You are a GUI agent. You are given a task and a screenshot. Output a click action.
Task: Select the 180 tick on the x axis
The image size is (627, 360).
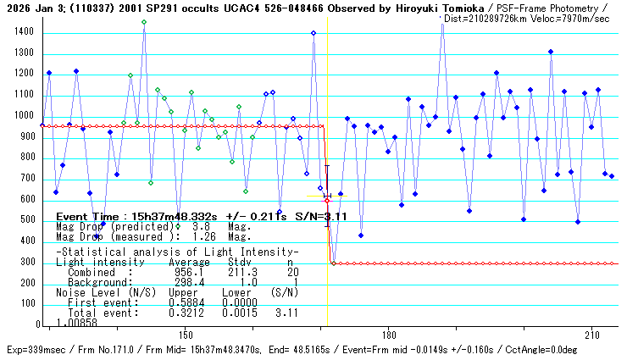[388, 334]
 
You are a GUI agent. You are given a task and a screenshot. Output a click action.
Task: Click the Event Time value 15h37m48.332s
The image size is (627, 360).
[176, 217]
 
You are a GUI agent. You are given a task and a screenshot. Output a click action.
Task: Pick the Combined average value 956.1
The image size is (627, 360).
[189, 273]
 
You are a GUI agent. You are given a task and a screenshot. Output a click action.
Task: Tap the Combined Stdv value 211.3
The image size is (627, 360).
[234, 273]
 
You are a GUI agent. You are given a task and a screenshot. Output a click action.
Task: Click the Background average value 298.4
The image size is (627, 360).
[189, 281]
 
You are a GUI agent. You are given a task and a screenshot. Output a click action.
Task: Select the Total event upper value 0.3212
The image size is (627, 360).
[189, 313]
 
